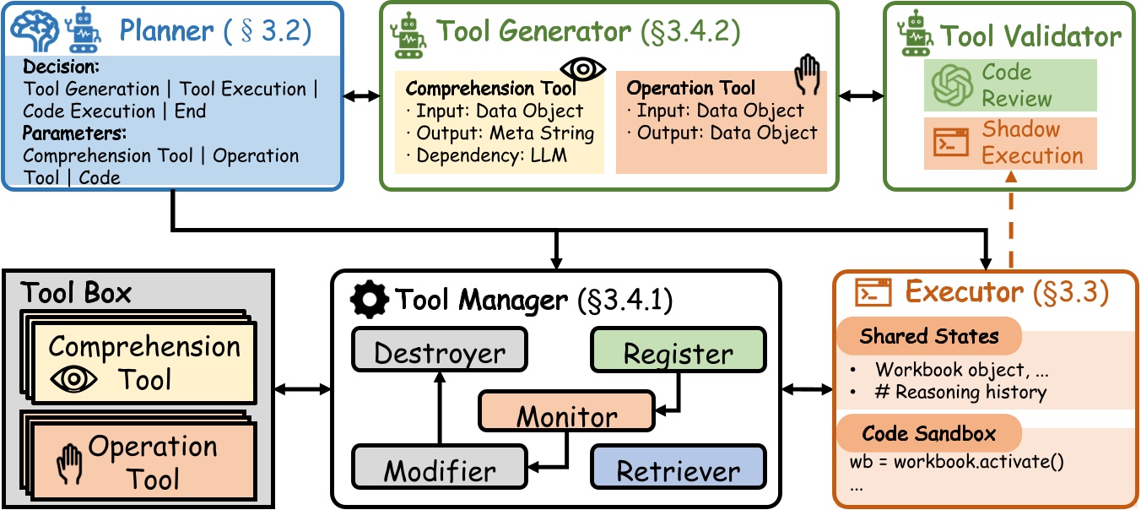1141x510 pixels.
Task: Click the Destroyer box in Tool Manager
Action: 439,351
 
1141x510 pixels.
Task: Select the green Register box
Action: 679,353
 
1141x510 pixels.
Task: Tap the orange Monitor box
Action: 566,415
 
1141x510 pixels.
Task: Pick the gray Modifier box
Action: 439,470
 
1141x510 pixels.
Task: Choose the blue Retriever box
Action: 679,470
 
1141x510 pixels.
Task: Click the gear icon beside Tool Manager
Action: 370,299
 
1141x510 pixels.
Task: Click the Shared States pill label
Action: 928,336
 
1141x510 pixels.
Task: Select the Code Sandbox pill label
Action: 928,434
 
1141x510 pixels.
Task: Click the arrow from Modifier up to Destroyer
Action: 439,410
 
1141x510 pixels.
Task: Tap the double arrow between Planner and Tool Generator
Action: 360,97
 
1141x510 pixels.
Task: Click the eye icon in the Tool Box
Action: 74,380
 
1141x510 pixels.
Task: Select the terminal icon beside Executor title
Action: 873,292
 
